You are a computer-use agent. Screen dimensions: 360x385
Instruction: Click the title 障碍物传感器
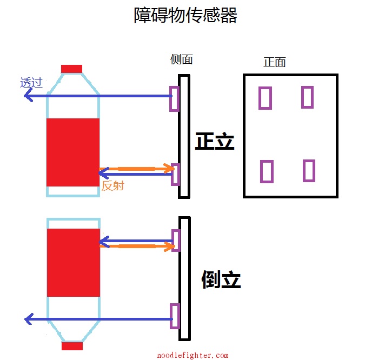pyautogui.click(x=185, y=15)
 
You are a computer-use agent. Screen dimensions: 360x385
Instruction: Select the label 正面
pyautogui.click(x=274, y=62)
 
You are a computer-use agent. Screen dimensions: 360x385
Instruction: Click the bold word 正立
pyautogui.click(x=215, y=142)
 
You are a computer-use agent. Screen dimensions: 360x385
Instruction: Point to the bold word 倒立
pyautogui.click(x=221, y=279)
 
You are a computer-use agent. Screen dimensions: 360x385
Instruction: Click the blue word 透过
pyautogui.click(x=31, y=83)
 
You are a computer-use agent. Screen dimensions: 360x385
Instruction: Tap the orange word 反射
pyautogui.click(x=112, y=186)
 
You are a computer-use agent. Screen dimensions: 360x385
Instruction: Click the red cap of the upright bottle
pyautogui.click(x=71, y=69)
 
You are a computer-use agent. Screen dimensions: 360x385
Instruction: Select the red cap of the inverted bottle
pyautogui.click(x=72, y=346)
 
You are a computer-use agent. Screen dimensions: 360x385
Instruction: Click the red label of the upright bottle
pyautogui.click(x=73, y=152)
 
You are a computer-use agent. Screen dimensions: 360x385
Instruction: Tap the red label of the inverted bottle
pyautogui.click(x=74, y=263)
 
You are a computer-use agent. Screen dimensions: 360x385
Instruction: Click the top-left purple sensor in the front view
pyautogui.click(x=265, y=98)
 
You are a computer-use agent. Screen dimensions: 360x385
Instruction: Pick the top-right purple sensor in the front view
pyautogui.click(x=307, y=97)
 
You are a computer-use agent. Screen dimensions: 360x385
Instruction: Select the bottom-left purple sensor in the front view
pyautogui.click(x=266, y=171)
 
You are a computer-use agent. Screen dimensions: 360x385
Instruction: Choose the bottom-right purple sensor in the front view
pyautogui.click(x=309, y=170)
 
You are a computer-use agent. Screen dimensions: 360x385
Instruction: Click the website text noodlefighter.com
pyautogui.click(x=192, y=355)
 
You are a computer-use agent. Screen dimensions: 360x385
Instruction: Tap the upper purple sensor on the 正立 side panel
pyautogui.click(x=174, y=99)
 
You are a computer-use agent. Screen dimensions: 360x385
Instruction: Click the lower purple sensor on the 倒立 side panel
pyautogui.click(x=174, y=316)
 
